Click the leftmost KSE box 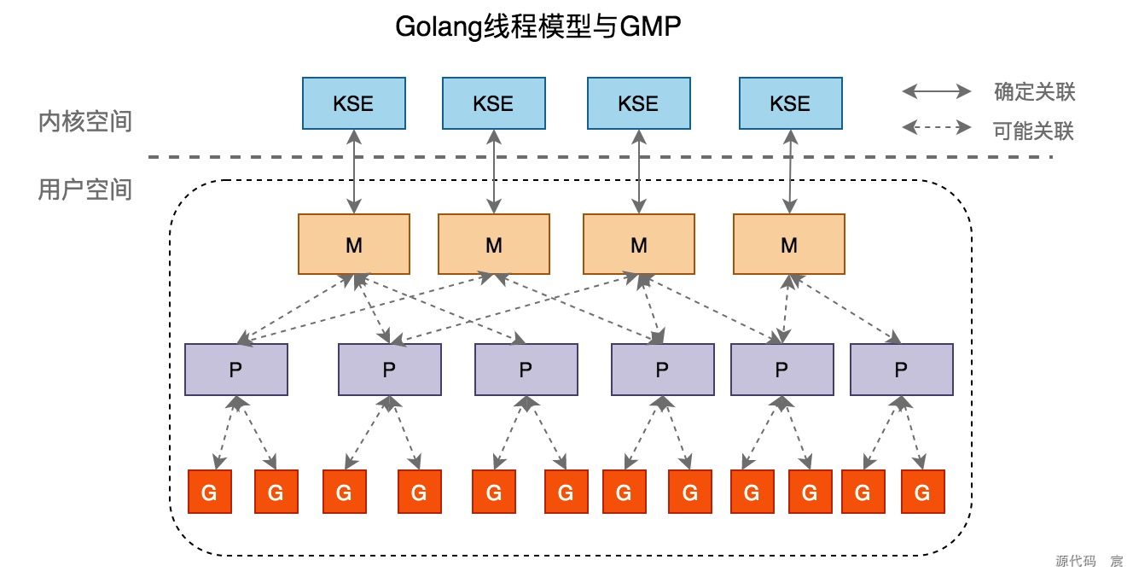(x=353, y=103)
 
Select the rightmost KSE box (x=789, y=103)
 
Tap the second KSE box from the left (x=493, y=103)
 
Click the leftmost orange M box (x=353, y=244)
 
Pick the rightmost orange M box (x=789, y=244)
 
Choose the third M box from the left (x=638, y=244)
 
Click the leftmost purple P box (x=236, y=370)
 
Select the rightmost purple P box (x=901, y=370)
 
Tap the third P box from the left (x=526, y=370)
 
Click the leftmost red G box (x=209, y=492)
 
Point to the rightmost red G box (x=921, y=492)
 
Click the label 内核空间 (x=85, y=121)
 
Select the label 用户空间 (x=85, y=189)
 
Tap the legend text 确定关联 (x=1034, y=91)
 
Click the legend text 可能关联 (x=1034, y=131)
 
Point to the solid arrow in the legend (x=937, y=91)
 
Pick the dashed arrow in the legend (x=937, y=128)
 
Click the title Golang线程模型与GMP (x=537, y=27)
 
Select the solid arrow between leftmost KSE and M (x=353, y=171)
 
